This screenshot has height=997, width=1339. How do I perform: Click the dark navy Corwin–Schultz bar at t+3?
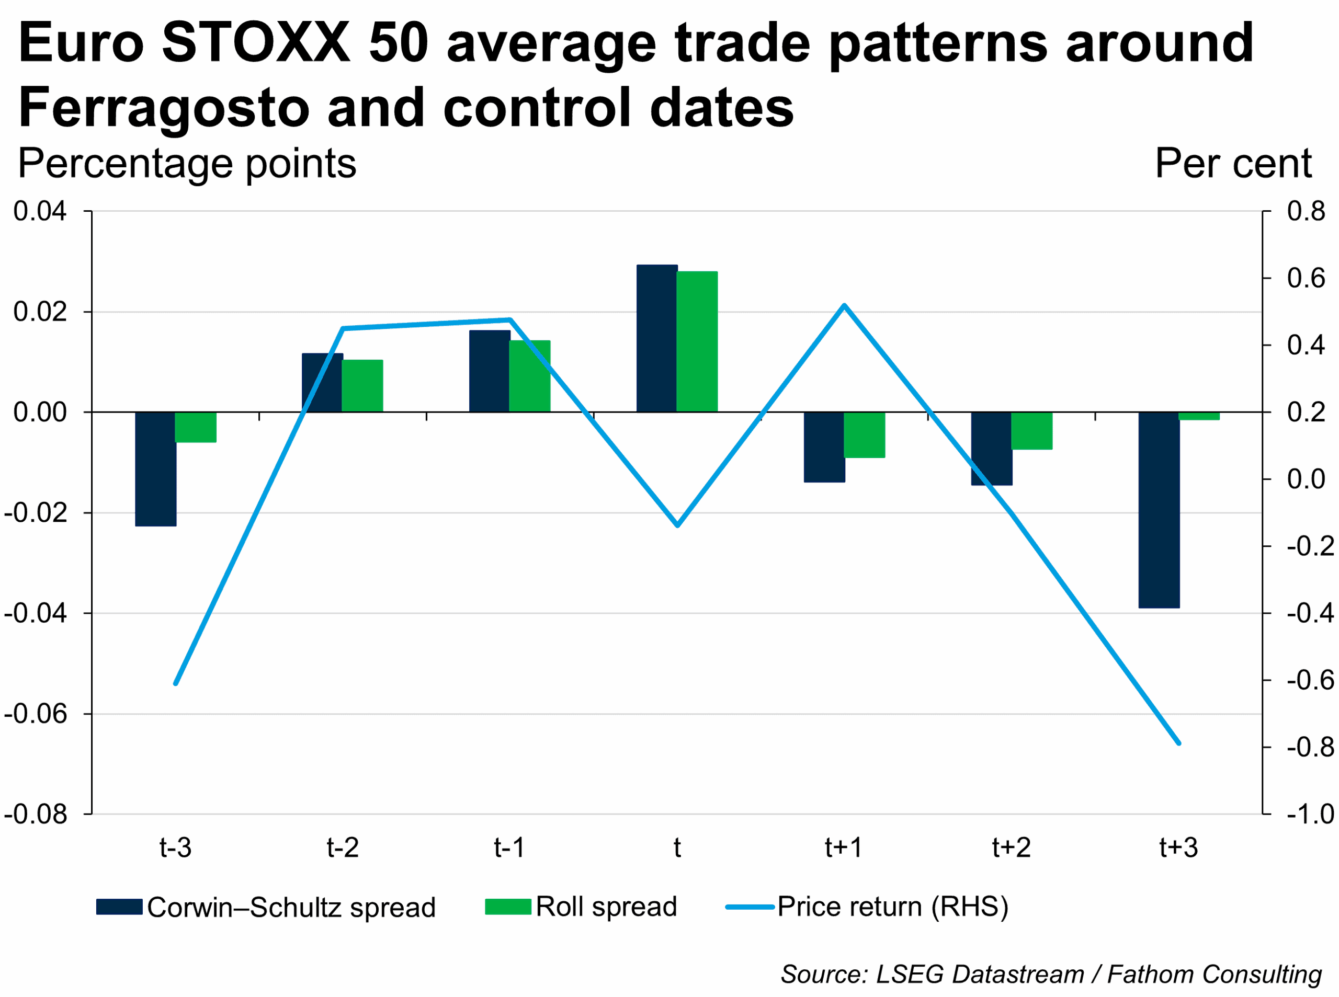pyautogui.click(x=1159, y=509)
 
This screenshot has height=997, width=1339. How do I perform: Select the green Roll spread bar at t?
pyautogui.click(x=697, y=341)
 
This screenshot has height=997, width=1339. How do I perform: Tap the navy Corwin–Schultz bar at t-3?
pyautogui.click(x=156, y=469)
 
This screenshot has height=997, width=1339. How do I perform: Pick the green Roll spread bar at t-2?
pyautogui.click(x=362, y=386)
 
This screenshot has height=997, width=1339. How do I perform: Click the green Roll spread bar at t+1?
pyautogui.click(x=864, y=434)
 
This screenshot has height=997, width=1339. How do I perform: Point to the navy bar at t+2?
pyautogui.click(x=991, y=449)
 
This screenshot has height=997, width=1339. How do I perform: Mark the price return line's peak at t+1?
pyautogui.click(x=844, y=305)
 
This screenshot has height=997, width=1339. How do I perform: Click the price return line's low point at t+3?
pyautogui.click(x=1178, y=743)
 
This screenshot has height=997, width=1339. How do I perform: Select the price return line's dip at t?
pyautogui.click(x=677, y=525)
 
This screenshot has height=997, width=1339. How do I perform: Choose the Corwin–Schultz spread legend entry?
pyautogui.click(x=266, y=907)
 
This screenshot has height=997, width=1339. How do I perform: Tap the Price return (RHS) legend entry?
pyautogui.click(x=867, y=907)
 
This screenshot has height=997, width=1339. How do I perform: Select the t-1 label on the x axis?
pyautogui.click(x=509, y=848)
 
